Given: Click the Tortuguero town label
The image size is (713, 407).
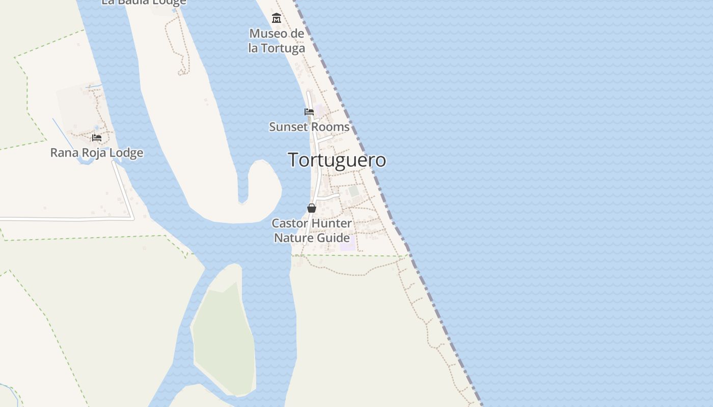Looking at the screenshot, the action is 337,160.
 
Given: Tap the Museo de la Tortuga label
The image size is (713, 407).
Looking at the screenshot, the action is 277,41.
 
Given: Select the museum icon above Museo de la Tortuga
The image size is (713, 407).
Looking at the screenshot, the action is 277,19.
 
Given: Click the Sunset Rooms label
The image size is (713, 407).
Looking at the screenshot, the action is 309,127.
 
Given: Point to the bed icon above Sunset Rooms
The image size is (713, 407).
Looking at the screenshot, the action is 309,112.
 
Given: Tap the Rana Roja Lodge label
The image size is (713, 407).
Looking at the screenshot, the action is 97,153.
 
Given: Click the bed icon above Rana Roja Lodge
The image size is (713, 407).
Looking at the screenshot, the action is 97,138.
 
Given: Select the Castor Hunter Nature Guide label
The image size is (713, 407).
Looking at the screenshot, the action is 312,230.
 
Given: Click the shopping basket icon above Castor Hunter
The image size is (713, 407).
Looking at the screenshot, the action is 312,208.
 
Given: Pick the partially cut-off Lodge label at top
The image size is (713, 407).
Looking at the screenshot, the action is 144,2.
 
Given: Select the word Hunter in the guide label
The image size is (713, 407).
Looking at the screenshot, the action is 331,223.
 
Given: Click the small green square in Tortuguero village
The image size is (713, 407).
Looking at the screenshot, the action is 354,191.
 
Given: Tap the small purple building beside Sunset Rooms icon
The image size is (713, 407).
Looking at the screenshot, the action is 319,110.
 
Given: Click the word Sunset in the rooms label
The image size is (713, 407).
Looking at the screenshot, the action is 287,127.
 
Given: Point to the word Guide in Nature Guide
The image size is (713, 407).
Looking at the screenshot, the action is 334,238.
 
